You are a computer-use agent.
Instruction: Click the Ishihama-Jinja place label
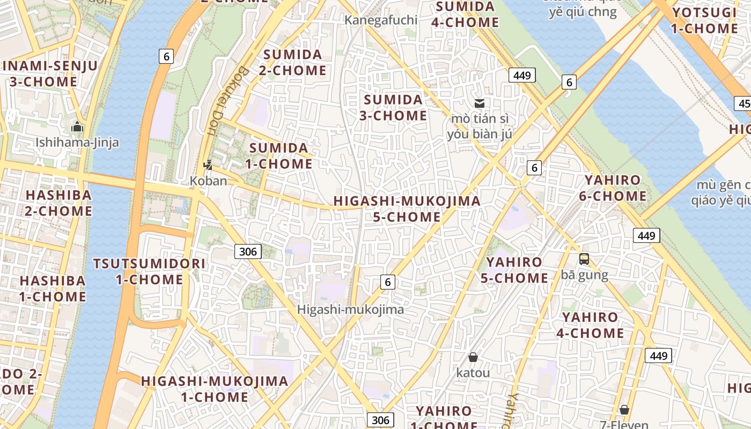[77, 143]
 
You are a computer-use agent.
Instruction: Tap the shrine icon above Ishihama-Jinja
[77, 128]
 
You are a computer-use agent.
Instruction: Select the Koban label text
[208, 181]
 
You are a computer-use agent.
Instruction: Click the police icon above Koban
[208, 165]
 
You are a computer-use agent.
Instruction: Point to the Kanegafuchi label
[381, 20]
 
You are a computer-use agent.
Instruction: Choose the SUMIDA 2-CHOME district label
[293, 62]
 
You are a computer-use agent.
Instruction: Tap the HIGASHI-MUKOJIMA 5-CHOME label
[407, 209]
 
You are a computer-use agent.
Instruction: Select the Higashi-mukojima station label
[350, 309]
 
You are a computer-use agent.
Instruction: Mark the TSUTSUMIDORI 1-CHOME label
[150, 271]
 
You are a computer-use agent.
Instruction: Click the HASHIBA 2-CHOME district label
[58, 203]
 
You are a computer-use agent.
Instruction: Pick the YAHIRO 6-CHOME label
[613, 188]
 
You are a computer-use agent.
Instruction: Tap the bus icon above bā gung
[584, 259]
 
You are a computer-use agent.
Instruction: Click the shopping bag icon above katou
[473, 357]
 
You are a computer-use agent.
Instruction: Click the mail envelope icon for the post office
[480, 103]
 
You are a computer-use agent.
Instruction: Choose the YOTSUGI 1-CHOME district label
[704, 20]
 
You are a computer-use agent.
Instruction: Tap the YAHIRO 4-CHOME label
[590, 325]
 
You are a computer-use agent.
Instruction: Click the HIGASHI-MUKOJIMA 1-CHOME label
[215, 389]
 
